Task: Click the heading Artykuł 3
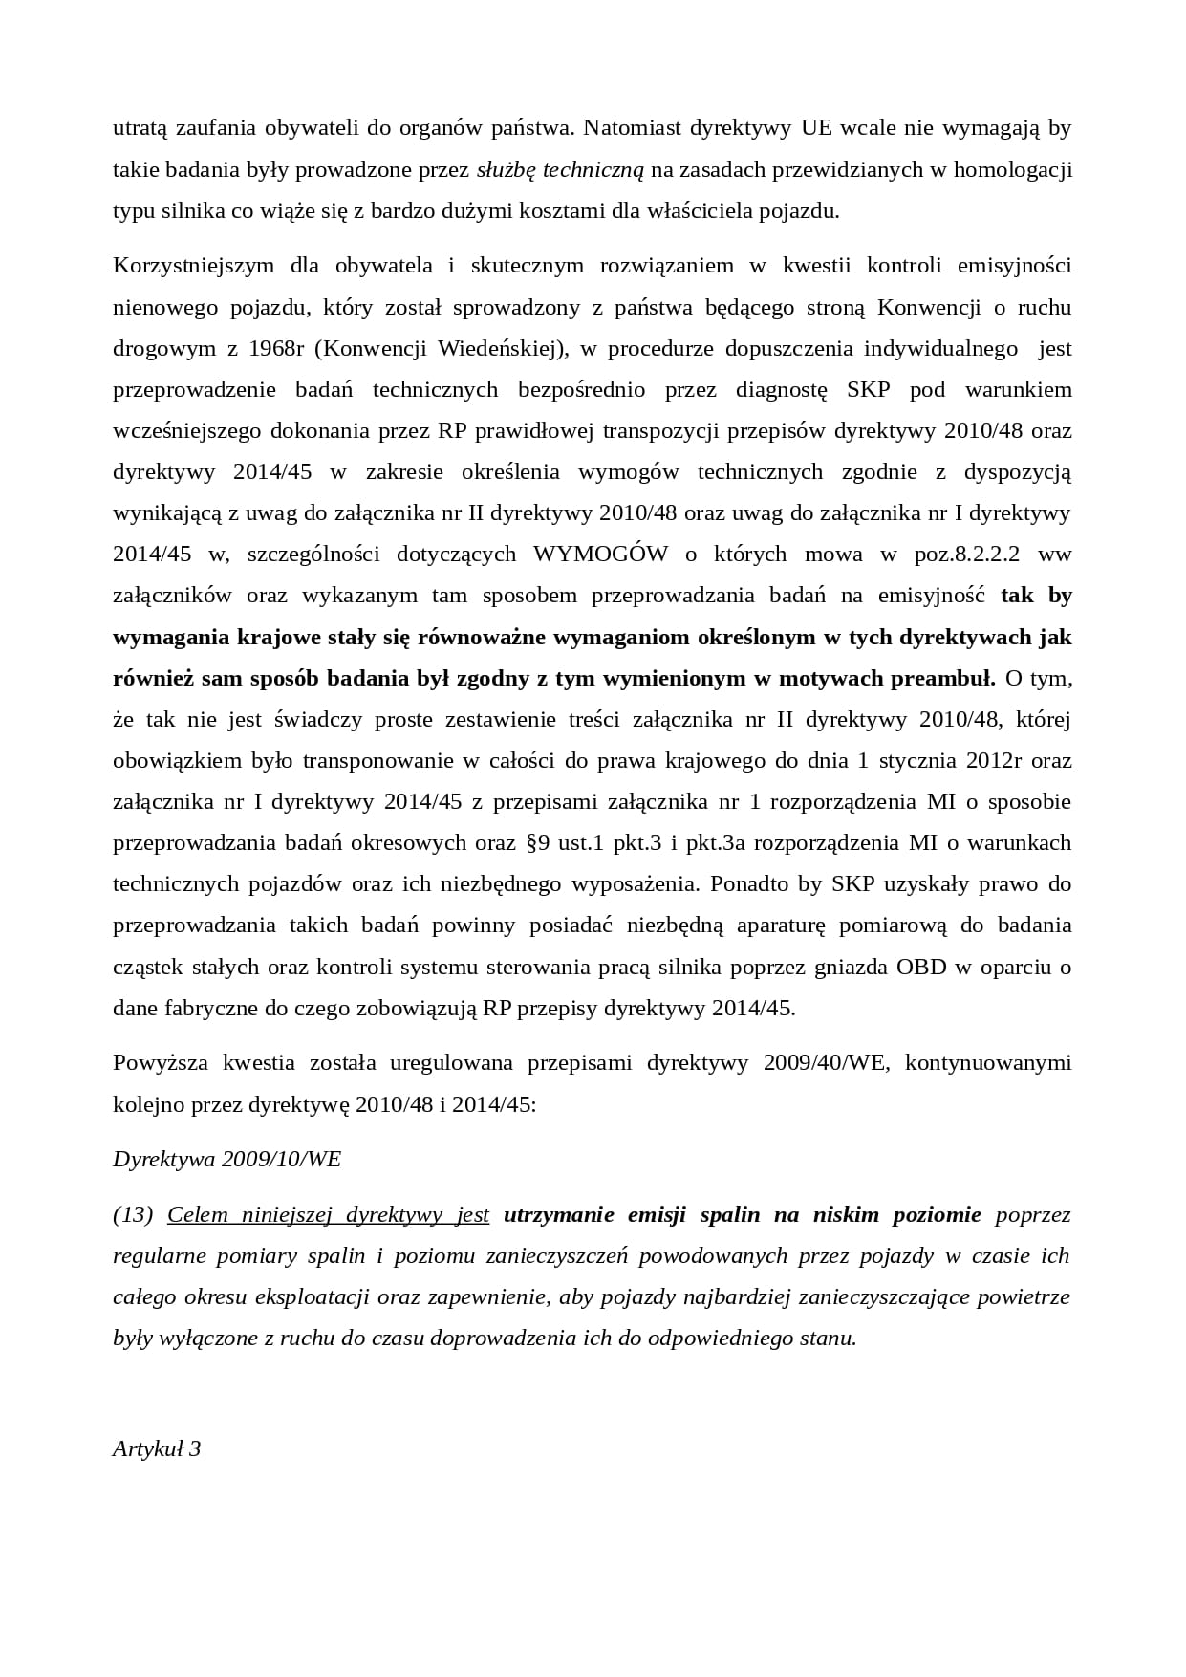click(157, 1448)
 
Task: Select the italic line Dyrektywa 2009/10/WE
click(226, 1159)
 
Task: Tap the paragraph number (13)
click(133, 1214)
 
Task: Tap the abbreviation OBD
click(921, 966)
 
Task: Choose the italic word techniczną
click(593, 169)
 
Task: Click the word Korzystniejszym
click(194, 265)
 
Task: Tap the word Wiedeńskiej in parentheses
click(496, 348)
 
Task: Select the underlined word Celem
click(198, 1214)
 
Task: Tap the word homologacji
click(1015, 169)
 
